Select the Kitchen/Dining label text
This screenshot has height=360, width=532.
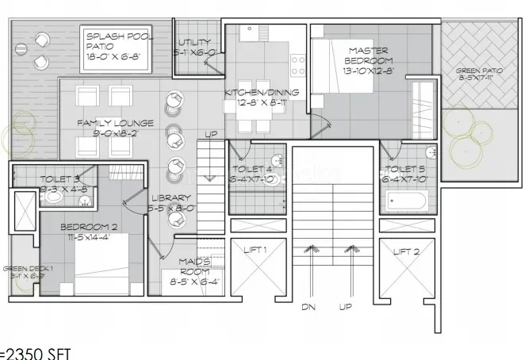[262, 97]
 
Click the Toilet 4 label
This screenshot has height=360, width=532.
[252, 174]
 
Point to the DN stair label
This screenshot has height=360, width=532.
[309, 307]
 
